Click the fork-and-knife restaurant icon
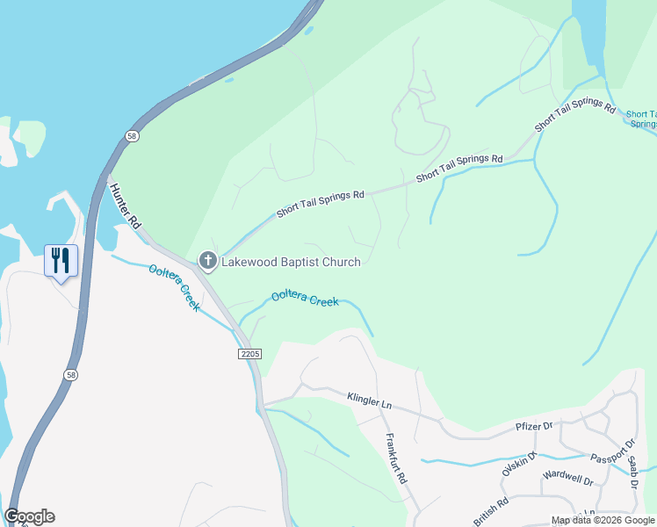61,261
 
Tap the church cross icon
207,260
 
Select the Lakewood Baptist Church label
291,261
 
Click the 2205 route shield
250,353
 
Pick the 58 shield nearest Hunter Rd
131,136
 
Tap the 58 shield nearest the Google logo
69,374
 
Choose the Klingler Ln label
369,401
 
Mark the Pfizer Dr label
533,427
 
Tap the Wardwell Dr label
568,480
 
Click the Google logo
30,516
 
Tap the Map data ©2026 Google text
603,520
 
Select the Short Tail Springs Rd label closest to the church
320,204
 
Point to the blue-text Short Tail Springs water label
641,119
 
